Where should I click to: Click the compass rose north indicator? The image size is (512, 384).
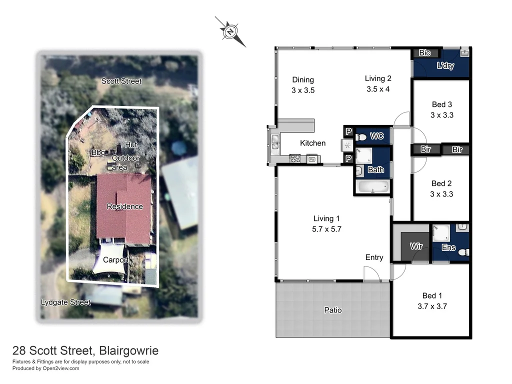(230, 31)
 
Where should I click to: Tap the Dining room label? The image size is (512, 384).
(303, 85)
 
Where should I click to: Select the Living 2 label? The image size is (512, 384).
(378, 83)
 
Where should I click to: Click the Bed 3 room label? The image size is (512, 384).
(442, 109)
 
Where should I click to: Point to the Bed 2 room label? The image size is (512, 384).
(442, 188)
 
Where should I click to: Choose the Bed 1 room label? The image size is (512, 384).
(432, 300)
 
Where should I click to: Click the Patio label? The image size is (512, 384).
(332, 310)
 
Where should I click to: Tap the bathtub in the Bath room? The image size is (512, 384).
(373, 187)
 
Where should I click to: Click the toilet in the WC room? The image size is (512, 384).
(362, 136)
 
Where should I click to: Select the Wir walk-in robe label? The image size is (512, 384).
(416, 246)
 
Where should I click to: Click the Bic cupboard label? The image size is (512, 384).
(424, 53)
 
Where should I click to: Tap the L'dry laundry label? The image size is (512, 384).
(445, 66)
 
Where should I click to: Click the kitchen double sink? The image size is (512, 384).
(274, 142)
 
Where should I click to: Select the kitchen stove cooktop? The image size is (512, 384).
(295, 159)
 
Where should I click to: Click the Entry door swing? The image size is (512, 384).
(371, 273)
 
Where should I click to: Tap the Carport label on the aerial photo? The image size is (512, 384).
(115, 260)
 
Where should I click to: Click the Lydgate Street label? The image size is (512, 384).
(65, 302)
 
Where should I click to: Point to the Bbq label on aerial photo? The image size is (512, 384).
(97, 152)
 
